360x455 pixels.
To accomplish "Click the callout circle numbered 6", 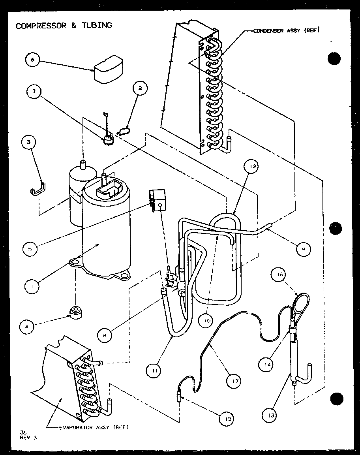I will point(32,60).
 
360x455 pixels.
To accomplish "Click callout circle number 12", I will point(252,167).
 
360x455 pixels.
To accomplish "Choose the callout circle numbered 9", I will point(302,249).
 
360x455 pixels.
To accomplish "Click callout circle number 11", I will point(154,370).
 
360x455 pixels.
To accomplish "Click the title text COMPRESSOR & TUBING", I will point(64,25).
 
